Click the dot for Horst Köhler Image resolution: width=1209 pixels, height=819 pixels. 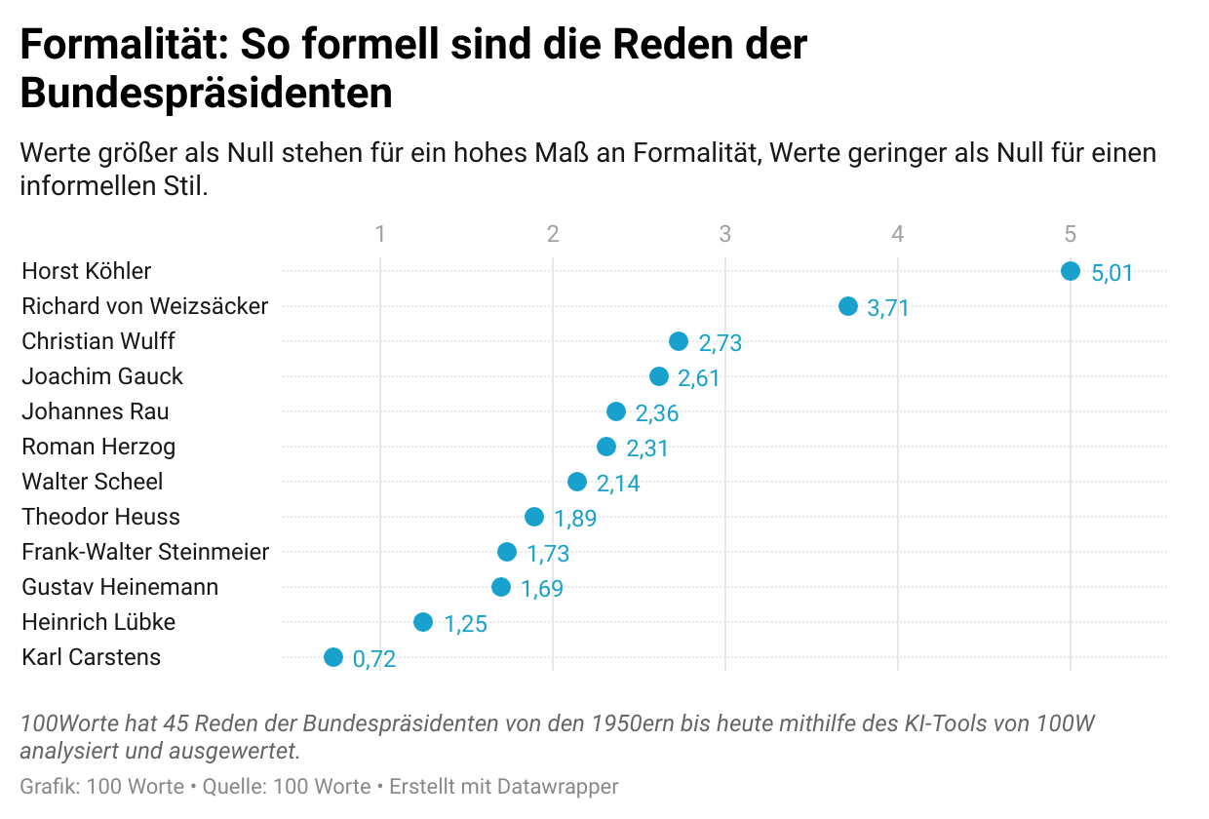point(1071,271)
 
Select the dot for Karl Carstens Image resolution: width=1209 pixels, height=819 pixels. point(333,657)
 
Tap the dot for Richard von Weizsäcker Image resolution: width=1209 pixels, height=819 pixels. point(848,306)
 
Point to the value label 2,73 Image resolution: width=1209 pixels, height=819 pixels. point(721,343)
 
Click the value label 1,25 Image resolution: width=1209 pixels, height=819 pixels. point(466,624)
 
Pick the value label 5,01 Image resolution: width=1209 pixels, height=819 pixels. point(1112,273)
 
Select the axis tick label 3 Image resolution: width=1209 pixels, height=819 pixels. point(725,234)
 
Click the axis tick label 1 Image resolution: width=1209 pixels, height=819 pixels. point(380,234)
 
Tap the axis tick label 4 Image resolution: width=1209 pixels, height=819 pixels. point(898,234)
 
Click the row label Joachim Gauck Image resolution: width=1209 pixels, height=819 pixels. point(102,376)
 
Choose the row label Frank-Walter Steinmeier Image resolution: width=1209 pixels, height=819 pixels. point(145,552)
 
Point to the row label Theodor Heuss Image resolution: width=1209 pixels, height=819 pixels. point(100,517)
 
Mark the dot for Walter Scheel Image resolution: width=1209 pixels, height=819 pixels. point(577,482)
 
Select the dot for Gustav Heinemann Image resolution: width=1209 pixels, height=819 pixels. point(501,587)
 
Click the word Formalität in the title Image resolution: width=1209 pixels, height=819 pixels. point(123,45)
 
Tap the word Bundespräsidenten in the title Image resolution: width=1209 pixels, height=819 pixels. point(206,94)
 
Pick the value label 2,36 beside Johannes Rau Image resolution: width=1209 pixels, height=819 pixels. point(657,413)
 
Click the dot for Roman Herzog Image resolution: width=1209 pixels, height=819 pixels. point(606,447)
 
